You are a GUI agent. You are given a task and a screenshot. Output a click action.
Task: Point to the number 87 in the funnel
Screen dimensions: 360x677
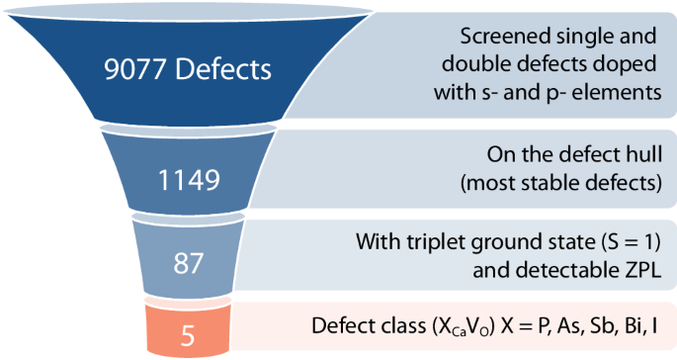pyautogui.click(x=188, y=264)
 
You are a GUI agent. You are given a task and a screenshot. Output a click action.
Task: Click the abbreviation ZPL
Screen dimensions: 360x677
pyautogui.click(x=637, y=269)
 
